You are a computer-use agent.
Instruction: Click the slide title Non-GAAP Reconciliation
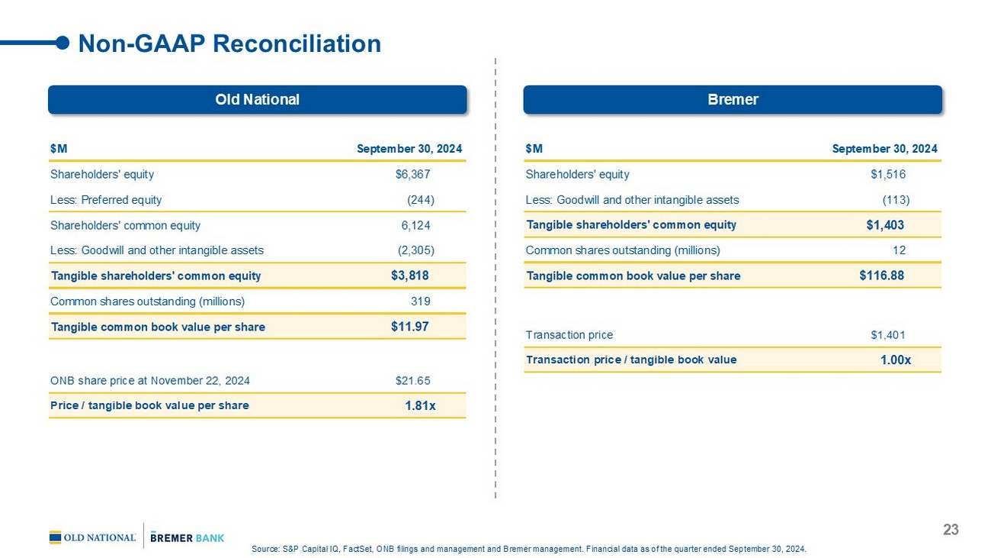click(229, 44)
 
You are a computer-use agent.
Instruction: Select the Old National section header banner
click(257, 99)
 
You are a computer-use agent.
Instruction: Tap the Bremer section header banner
click(732, 99)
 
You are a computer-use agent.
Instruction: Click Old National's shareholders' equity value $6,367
click(412, 174)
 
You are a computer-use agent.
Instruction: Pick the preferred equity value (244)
click(420, 200)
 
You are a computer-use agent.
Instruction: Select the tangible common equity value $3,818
click(409, 276)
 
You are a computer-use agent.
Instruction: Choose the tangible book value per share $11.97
click(409, 327)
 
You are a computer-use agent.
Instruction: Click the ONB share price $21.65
click(412, 379)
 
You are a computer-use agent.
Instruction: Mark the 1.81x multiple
click(420, 405)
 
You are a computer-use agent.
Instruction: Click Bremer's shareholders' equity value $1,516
click(888, 174)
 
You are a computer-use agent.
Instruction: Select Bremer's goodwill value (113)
click(896, 200)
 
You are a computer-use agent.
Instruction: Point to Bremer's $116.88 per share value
click(881, 276)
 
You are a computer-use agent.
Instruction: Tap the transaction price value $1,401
click(888, 334)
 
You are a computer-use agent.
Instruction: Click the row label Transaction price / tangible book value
click(631, 360)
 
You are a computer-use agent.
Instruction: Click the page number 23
click(951, 530)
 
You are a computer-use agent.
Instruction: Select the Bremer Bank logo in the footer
click(188, 537)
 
